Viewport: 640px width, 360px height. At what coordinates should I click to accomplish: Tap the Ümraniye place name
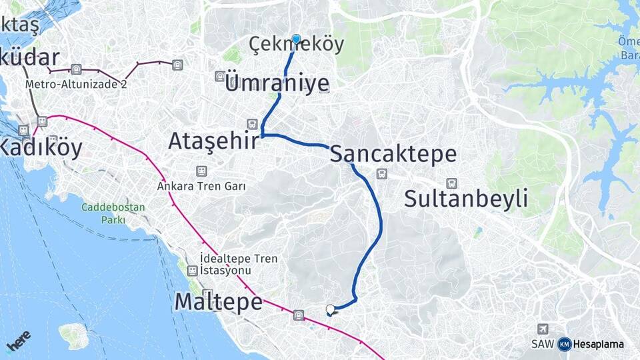277,84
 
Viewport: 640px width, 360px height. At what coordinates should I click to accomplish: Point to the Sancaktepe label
393,154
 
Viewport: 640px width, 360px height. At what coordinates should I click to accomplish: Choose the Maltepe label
218,302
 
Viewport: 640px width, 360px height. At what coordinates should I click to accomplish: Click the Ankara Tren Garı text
201,187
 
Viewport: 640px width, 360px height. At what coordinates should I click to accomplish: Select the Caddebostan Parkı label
113,213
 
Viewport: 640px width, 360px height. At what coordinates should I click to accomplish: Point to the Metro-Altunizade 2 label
76,85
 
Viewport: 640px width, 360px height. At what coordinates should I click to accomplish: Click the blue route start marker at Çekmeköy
296,39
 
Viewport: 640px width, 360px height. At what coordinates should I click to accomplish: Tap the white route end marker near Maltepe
330,309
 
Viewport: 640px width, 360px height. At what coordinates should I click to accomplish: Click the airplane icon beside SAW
543,329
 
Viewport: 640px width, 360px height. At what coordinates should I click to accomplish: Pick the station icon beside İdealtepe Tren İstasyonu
192,270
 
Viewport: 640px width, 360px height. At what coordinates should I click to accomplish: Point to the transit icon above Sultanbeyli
451,183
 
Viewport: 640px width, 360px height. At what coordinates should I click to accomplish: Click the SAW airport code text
543,345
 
